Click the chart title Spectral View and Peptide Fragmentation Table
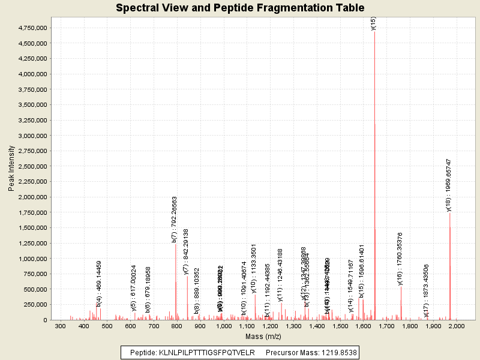coord(240,8)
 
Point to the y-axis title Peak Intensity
coord(11,169)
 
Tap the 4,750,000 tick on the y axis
coord(33,28)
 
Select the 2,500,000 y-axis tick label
coord(33,166)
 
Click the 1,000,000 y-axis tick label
coord(33,259)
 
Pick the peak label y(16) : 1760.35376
coord(400,259)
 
